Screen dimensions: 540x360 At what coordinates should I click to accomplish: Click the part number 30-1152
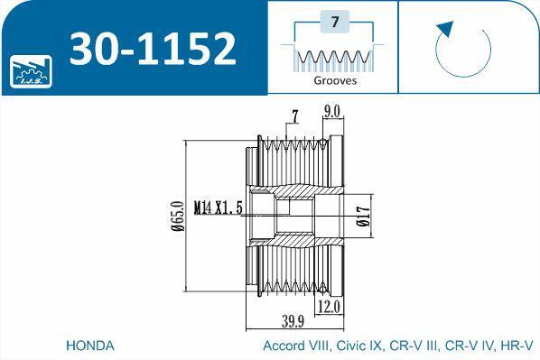(x=154, y=49)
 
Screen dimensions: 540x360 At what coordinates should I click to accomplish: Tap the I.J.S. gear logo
(x=31, y=71)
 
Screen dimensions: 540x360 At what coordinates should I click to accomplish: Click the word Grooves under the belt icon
(x=335, y=81)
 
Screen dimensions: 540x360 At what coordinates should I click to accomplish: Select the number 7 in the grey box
(x=335, y=22)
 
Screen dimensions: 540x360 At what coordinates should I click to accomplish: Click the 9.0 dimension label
(x=331, y=112)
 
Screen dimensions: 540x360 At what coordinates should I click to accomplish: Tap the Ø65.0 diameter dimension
(x=179, y=216)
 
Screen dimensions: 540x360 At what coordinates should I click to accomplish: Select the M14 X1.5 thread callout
(x=219, y=208)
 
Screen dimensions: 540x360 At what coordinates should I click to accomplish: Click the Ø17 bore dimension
(x=364, y=216)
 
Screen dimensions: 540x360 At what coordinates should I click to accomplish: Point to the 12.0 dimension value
(x=329, y=307)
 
